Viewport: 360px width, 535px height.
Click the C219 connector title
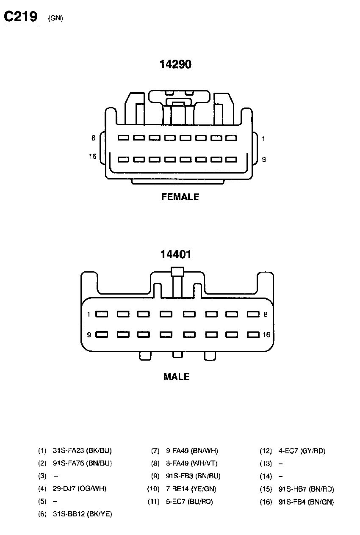[x=20, y=17]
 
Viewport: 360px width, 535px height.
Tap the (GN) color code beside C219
[x=55, y=18]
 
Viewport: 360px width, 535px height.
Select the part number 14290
[x=175, y=64]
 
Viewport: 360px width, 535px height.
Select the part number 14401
[x=176, y=254]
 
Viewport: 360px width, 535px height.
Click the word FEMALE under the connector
[x=180, y=197]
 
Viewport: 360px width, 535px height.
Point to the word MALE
[x=177, y=377]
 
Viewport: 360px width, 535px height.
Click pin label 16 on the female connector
[x=93, y=157]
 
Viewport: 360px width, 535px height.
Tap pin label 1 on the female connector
[x=263, y=138]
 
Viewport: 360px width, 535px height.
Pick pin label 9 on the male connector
[x=89, y=335]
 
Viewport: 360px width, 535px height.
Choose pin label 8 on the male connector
[x=266, y=314]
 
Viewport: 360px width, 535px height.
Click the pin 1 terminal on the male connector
[x=102, y=314]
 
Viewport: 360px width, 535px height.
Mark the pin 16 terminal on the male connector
[x=253, y=335]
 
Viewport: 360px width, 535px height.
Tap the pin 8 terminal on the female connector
[x=123, y=138]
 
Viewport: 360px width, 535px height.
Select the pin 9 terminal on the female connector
[x=230, y=160]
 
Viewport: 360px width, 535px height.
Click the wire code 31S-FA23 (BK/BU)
[x=82, y=451]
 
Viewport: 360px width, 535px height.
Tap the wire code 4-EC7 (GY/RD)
[x=302, y=451]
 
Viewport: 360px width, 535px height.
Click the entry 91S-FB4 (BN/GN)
[x=306, y=502]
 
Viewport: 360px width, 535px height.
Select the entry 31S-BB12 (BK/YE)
[x=82, y=514]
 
